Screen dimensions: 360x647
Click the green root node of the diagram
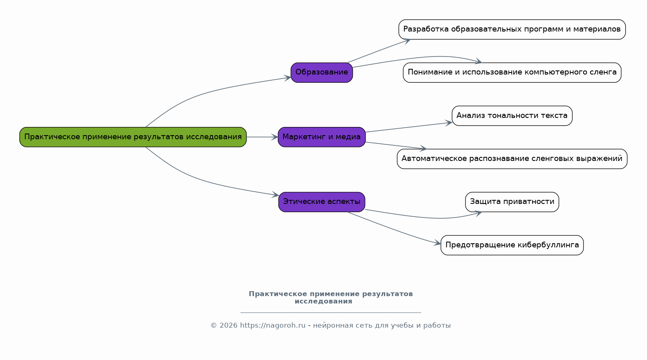(133, 137)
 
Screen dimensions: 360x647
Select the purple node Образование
(322, 72)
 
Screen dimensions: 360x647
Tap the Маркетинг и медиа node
(322, 137)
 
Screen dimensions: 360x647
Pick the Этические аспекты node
(322, 202)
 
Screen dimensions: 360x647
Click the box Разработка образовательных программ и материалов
(512, 29)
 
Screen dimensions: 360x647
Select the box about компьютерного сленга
(512, 72)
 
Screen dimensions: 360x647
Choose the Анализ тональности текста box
(512, 116)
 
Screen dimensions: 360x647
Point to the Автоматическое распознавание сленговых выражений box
(512, 159)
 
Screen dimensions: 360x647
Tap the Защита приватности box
(512, 202)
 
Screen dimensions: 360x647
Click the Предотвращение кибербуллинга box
(512, 245)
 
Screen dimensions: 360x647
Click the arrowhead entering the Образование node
(288, 77)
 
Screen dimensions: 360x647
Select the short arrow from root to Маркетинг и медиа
(262, 137)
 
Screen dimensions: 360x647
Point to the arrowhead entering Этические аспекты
(275, 195)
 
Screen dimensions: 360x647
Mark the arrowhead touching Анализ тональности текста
(449, 122)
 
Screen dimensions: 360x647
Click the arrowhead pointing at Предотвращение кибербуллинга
(437, 244)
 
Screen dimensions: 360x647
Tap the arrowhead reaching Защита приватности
(478, 213)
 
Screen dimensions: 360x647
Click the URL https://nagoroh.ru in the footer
(273, 326)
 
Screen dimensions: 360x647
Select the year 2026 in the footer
(228, 326)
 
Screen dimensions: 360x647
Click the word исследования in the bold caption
(323, 301)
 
